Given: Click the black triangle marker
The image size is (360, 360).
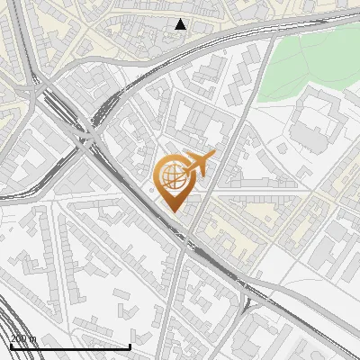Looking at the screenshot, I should tap(181, 24).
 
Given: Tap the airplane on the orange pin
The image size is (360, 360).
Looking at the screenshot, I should tap(196, 166).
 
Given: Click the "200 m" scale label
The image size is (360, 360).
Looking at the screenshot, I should tap(22, 338).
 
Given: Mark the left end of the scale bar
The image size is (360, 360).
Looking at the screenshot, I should tap(11, 346).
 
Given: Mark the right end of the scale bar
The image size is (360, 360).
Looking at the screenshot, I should tap(130, 346).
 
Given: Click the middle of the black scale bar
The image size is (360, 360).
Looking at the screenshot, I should tap(70, 346).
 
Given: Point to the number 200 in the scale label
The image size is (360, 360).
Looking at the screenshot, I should tap(19, 338).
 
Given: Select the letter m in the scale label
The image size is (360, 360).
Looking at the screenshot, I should tap(32, 338).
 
